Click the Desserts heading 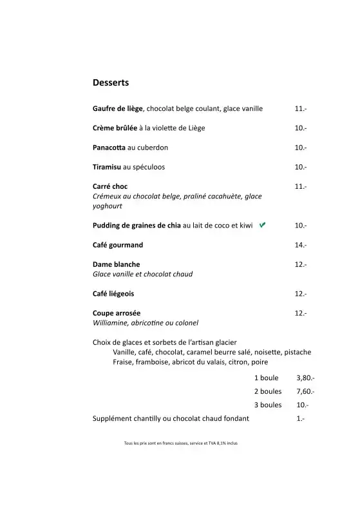pos(111,83)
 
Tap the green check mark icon pos(262,225)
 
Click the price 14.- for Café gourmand pos(301,245)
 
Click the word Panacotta pos(109,148)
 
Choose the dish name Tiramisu pos(107,167)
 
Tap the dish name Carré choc pos(110,186)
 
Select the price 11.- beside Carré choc pos(301,186)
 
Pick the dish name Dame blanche pos(117,264)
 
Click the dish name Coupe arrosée pos(117,313)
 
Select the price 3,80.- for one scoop pos(305,378)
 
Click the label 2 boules pos(268,391)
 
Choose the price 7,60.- pos(305,391)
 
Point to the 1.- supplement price pos(301,418)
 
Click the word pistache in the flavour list pos(298,352)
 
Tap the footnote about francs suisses pos(180,443)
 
